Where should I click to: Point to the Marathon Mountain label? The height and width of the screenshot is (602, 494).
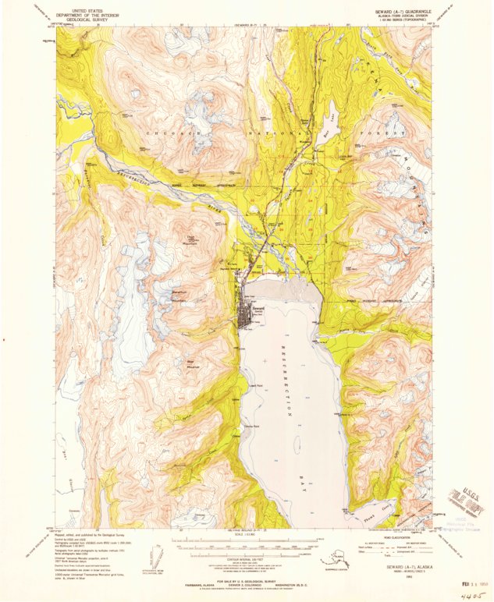(x=178, y=297)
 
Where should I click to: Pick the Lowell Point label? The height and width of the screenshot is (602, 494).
(x=253, y=385)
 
